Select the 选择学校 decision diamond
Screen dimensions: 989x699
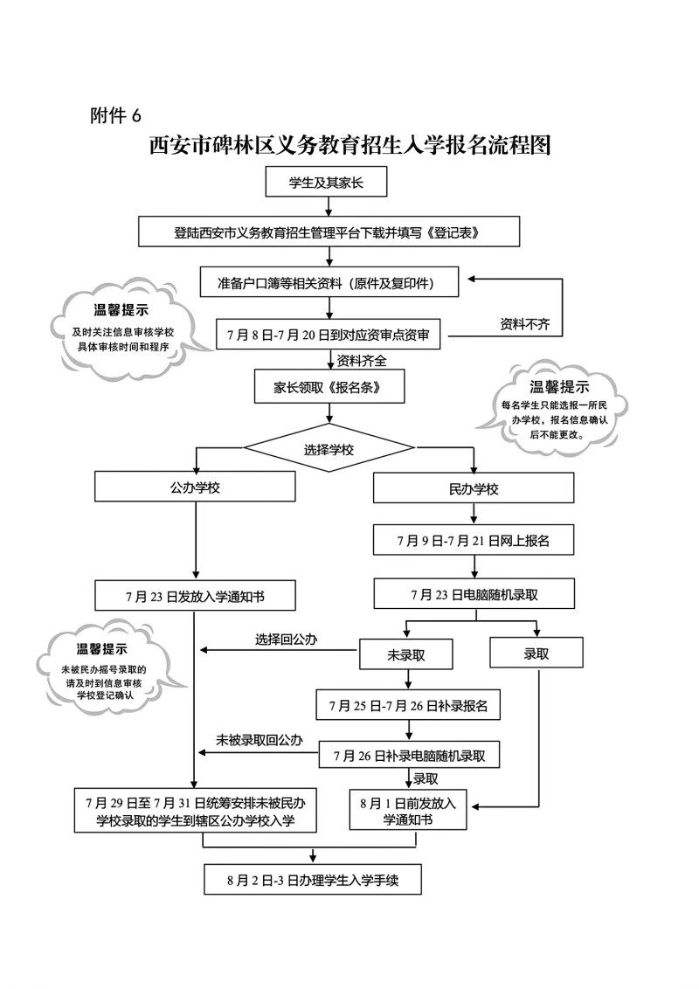pos(329,450)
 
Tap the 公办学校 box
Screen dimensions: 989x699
pos(195,488)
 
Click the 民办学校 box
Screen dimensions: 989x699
pos(473,488)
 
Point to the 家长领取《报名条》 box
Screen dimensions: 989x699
pos(329,386)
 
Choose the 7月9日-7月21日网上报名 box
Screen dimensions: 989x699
pos(473,541)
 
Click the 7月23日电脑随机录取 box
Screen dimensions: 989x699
pos(474,594)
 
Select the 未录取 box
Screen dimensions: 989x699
pos(405,654)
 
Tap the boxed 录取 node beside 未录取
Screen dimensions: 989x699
pos(536,654)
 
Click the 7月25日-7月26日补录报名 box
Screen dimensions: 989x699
pos(408,704)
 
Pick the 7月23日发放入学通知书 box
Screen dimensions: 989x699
pos(195,597)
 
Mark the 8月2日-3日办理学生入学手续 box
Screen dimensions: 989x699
pos(312,879)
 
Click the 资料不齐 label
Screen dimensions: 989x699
pos(524,324)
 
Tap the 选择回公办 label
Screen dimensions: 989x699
pos(286,640)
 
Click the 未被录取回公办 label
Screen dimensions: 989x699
pos(260,740)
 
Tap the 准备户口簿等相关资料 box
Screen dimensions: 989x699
pos(329,283)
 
